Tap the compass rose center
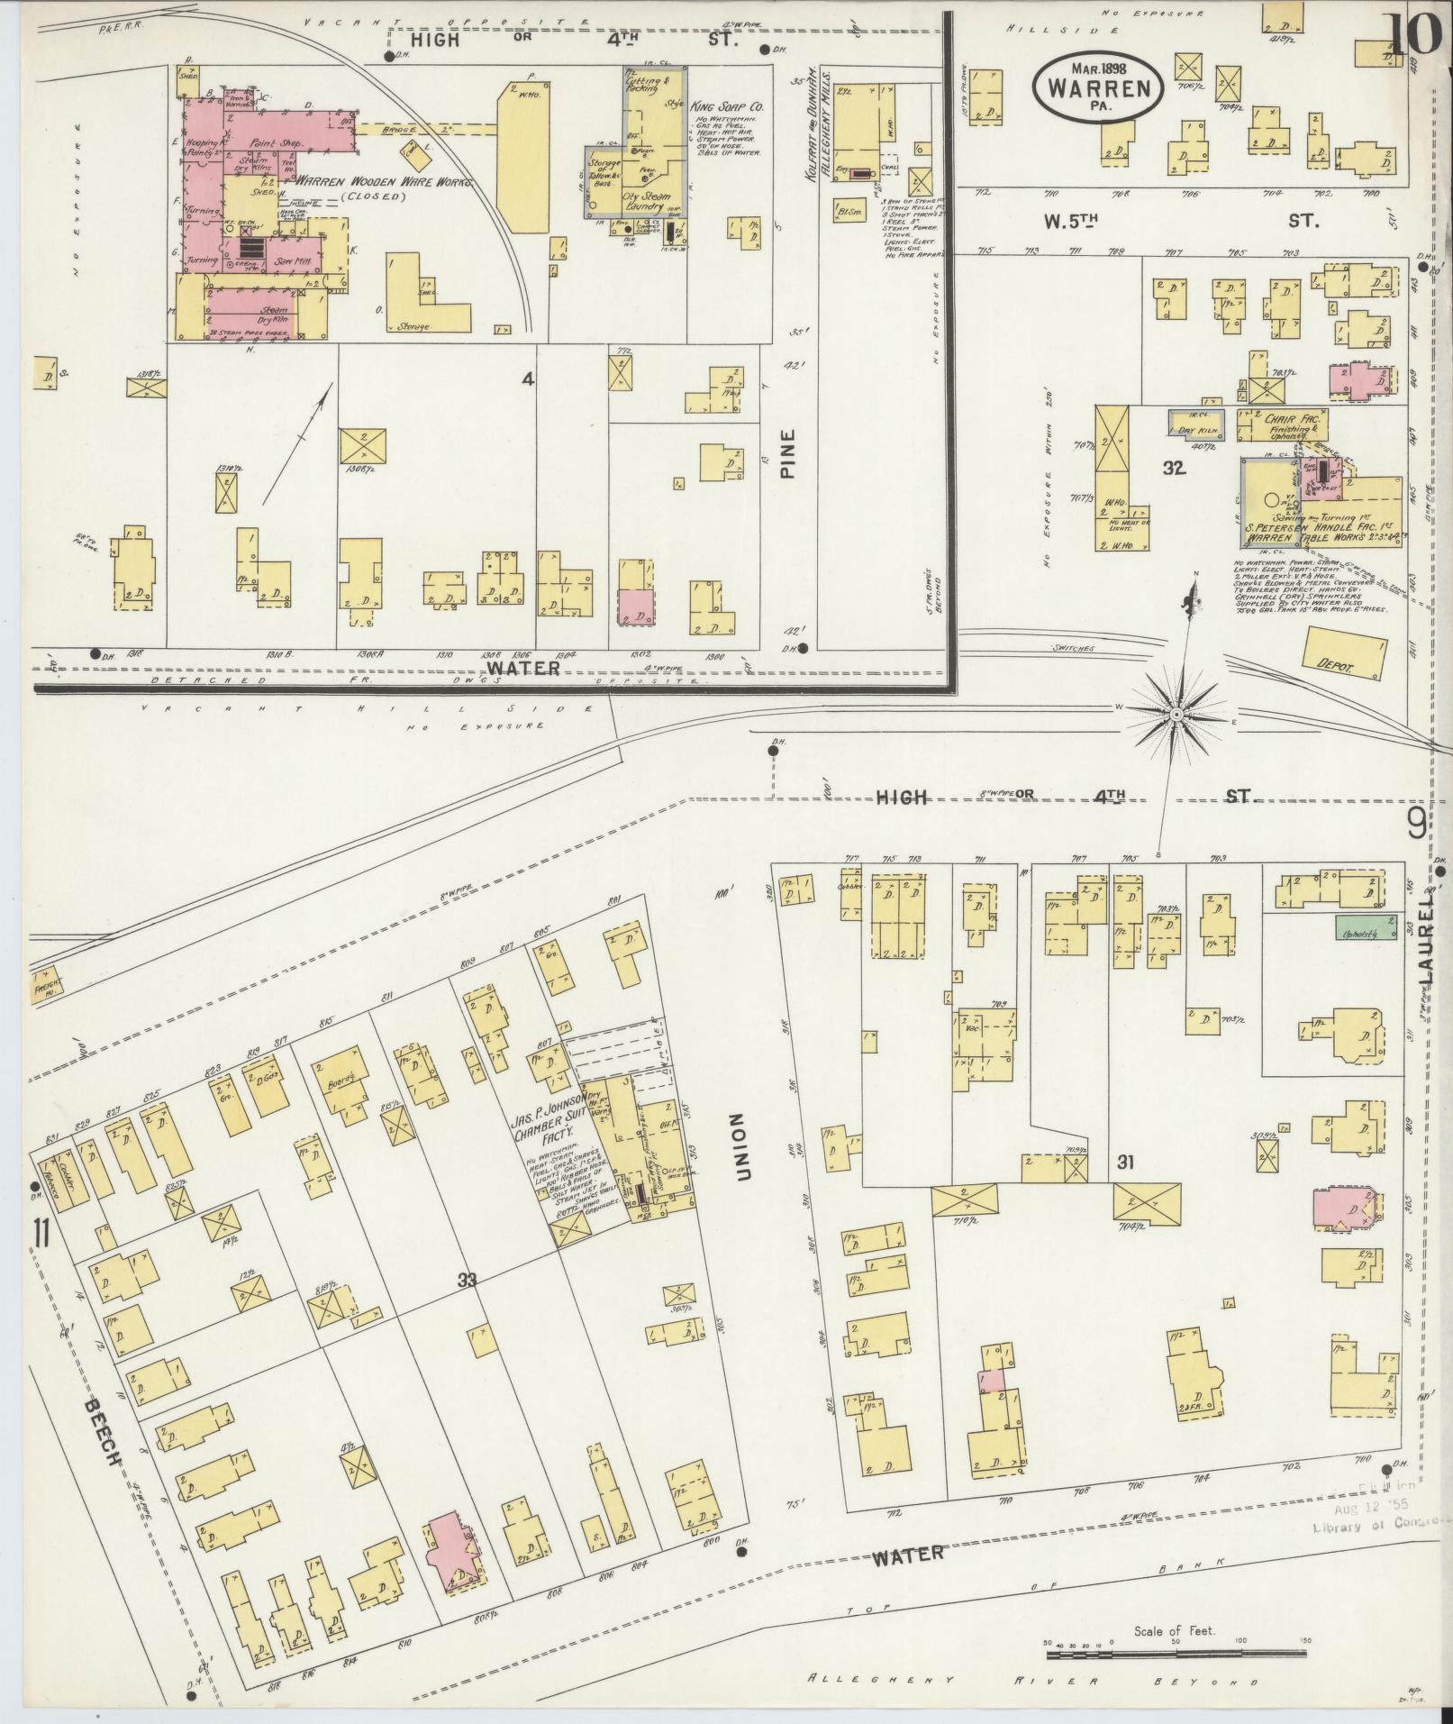pyautogui.click(x=1176, y=714)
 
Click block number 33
pyautogui.click(x=466, y=1281)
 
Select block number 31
pyautogui.click(x=1124, y=1163)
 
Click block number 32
pyautogui.click(x=1173, y=468)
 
